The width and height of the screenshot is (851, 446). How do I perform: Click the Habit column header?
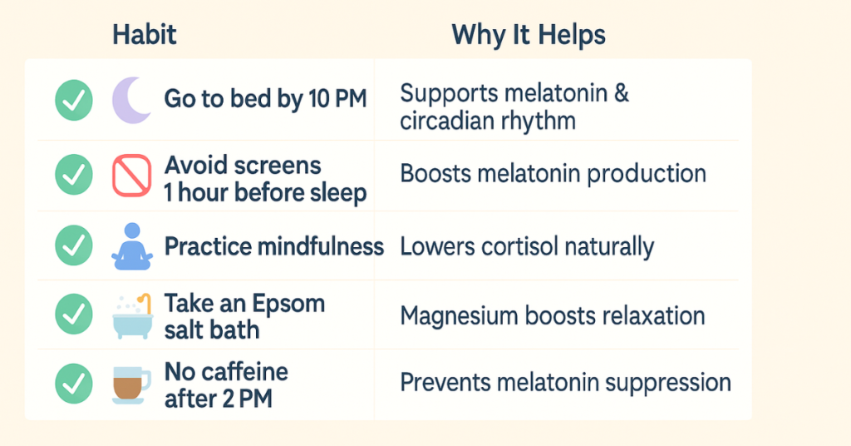pyautogui.click(x=144, y=35)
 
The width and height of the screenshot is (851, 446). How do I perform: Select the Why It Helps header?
pyautogui.click(x=528, y=36)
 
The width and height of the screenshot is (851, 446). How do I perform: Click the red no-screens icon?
pyautogui.click(x=131, y=176)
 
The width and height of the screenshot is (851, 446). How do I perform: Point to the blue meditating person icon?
pyautogui.click(x=132, y=246)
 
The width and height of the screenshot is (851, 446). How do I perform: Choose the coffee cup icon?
pyautogui.click(x=130, y=385)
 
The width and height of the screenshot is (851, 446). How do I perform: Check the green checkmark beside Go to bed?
pyautogui.click(x=74, y=101)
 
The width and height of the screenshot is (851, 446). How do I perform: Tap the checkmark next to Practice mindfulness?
pyautogui.click(x=74, y=245)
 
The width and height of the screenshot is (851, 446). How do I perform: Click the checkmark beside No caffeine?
pyautogui.click(x=74, y=384)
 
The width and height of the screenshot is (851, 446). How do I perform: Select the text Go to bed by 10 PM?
pyautogui.click(x=265, y=99)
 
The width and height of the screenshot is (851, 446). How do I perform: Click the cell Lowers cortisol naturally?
pyautogui.click(x=527, y=247)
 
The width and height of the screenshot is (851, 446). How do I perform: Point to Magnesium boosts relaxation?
pyautogui.click(x=553, y=316)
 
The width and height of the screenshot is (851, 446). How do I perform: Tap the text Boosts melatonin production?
pyautogui.click(x=553, y=174)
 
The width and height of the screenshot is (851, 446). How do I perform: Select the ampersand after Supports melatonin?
pyautogui.click(x=622, y=93)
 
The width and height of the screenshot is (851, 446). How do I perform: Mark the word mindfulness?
pyautogui.click(x=320, y=246)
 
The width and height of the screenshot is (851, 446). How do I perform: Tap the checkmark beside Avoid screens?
pyautogui.click(x=74, y=175)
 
